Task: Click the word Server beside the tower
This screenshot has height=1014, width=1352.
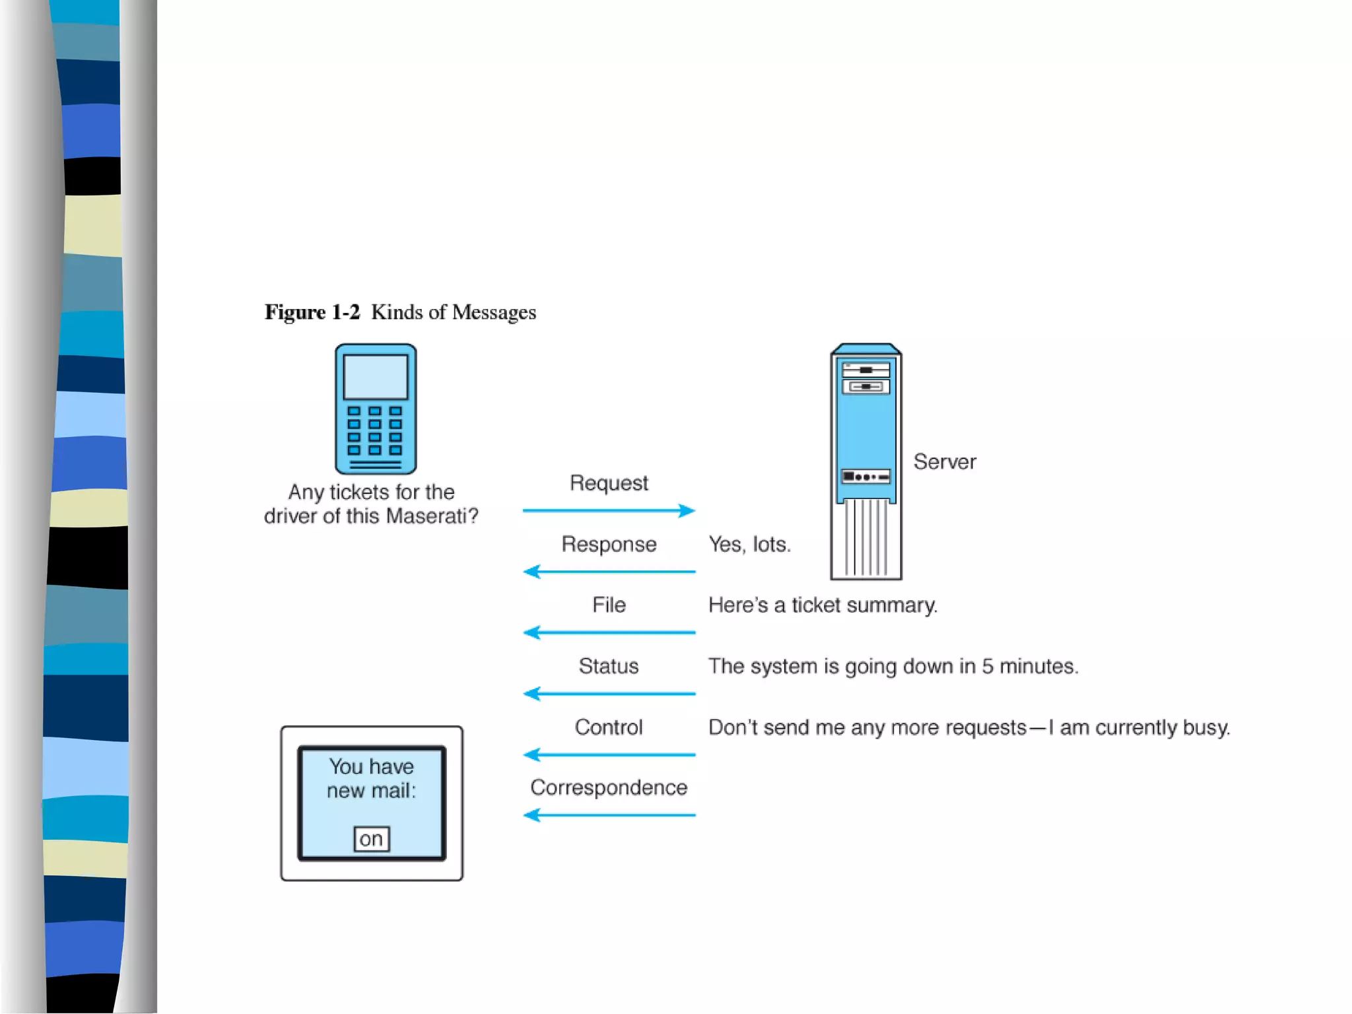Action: [x=944, y=461]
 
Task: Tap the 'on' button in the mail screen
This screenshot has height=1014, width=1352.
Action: [x=372, y=839]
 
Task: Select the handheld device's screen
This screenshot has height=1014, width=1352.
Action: [x=375, y=377]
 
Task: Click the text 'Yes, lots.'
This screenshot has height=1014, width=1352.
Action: [x=749, y=544]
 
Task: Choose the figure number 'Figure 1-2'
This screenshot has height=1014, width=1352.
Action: [x=312, y=312]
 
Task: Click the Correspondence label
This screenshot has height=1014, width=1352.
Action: [x=609, y=788]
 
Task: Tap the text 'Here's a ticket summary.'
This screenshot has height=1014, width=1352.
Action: [x=823, y=605]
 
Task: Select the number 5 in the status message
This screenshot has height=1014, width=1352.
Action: [x=987, y=666]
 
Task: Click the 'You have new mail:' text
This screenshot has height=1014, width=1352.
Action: [x=372, y=778]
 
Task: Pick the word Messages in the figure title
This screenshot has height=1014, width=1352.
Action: [x=494, y=312]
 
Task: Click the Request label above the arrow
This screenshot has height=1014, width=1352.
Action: [x=609, y=483]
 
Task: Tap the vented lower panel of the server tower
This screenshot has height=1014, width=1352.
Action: [x=866, y=538]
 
